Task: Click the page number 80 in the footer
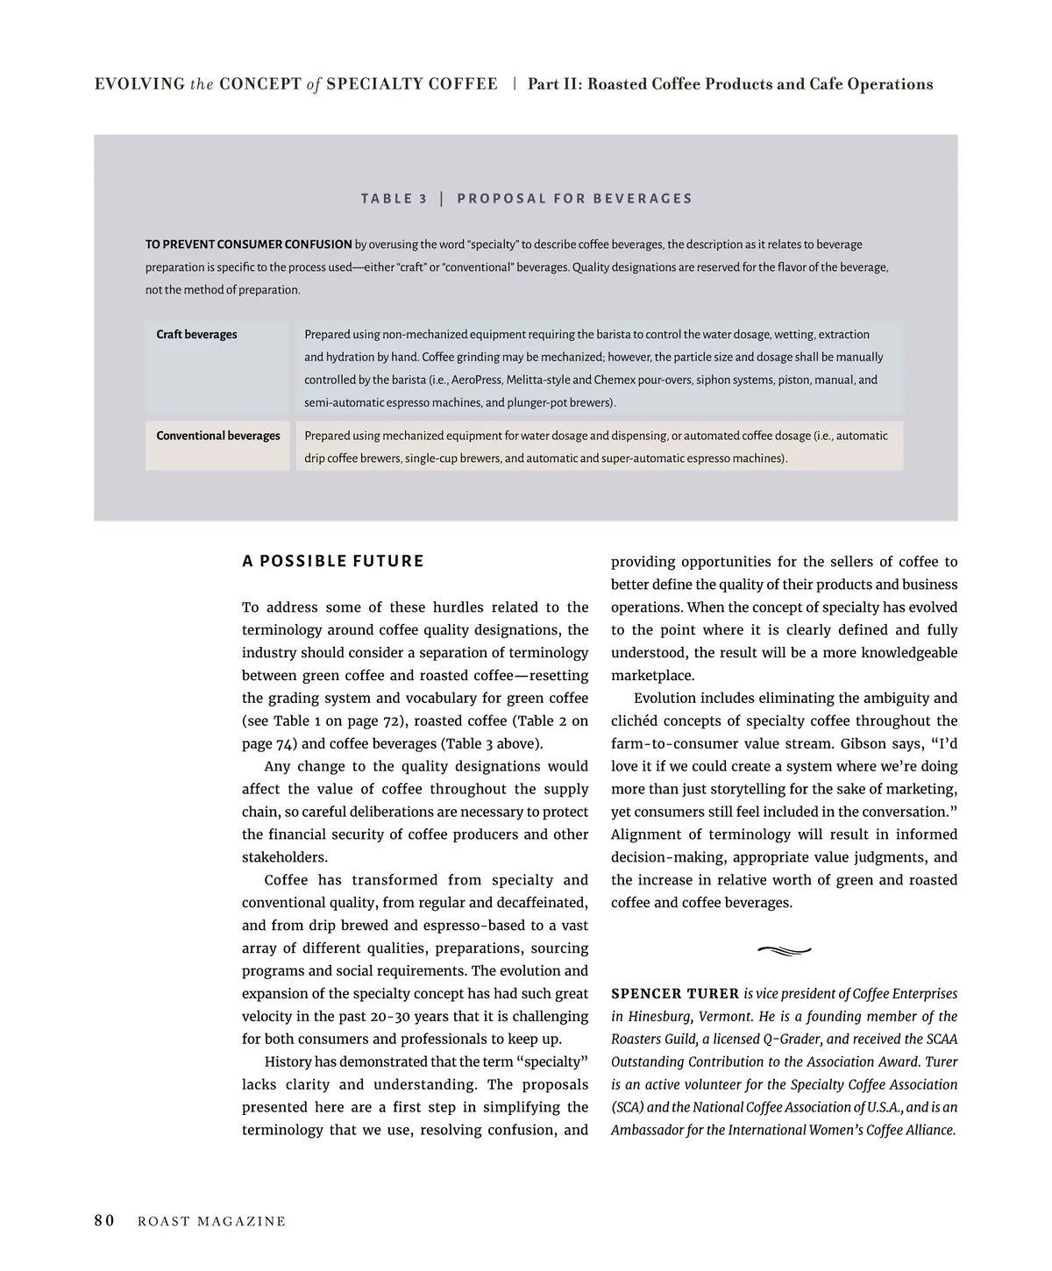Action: pos(104,1221)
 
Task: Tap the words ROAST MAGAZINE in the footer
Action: pos(212,1222)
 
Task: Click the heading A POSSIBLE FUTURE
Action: pos(333,561)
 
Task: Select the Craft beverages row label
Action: pos(196,334)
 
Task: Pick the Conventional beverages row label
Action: pos(218,436)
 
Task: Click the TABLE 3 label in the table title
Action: pos(394,198)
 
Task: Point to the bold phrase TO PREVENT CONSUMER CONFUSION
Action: pos(249,245)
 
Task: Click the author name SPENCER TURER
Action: pos(675,994)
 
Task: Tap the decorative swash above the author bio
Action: pos(783,949)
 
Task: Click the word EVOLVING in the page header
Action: pos(139,84)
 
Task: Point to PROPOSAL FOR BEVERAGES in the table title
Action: pos(575,198)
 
